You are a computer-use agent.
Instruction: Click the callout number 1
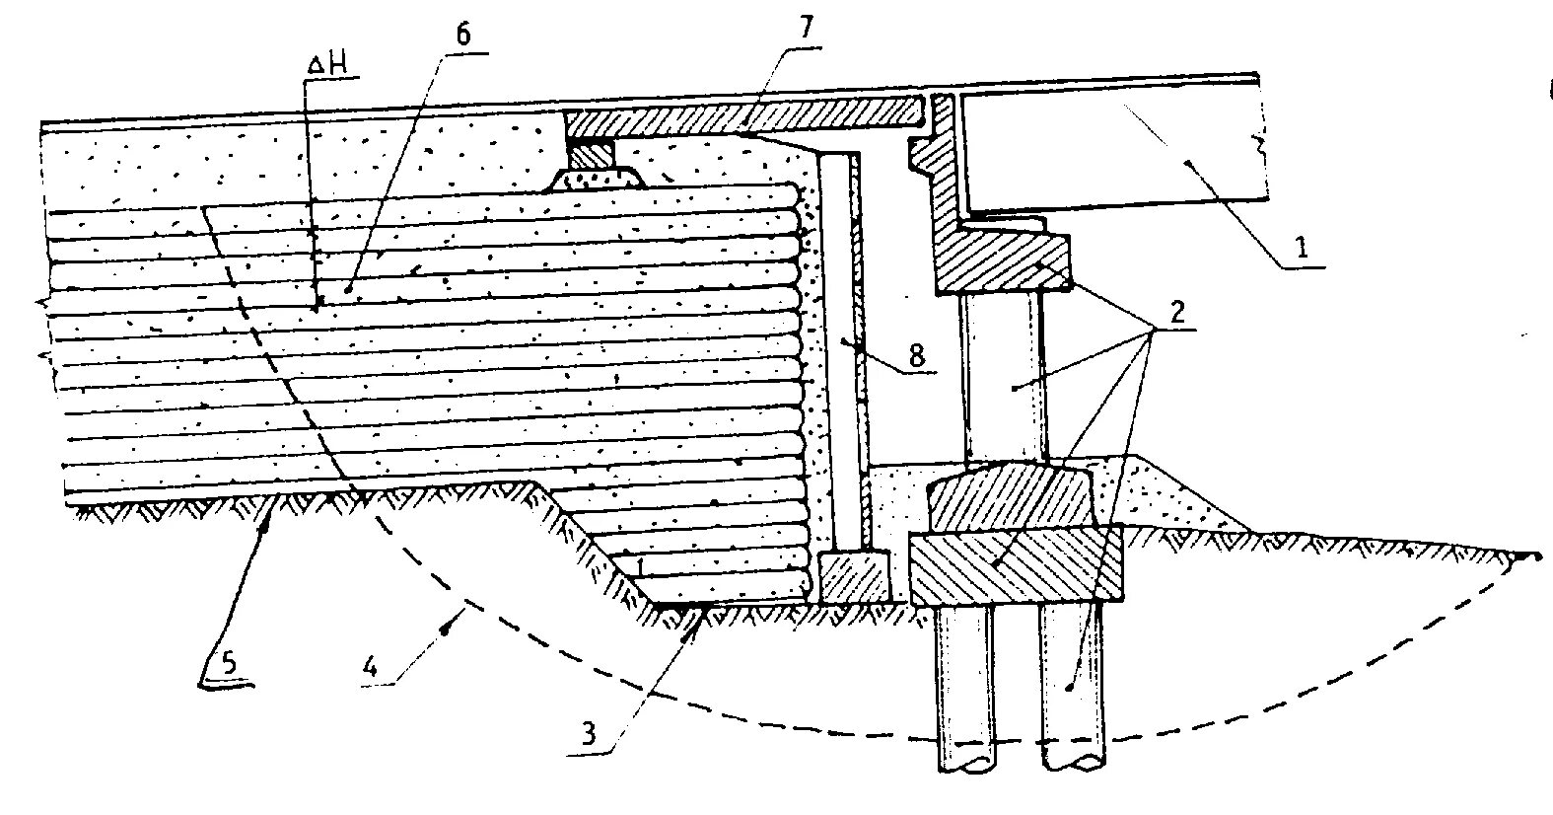coord(1302,248)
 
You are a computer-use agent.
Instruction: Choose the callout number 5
coord(229,664)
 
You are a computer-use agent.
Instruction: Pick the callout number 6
coord(463,33)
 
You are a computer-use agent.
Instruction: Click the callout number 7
coord(808,28)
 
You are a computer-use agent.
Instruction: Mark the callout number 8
coord(917,355)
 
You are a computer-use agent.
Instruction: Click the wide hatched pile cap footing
coord(1016,565)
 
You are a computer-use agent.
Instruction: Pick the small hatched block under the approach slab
coord(591,153)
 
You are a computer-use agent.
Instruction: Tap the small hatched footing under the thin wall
coord(853,576)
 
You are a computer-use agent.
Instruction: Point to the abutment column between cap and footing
coord(1002,375)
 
